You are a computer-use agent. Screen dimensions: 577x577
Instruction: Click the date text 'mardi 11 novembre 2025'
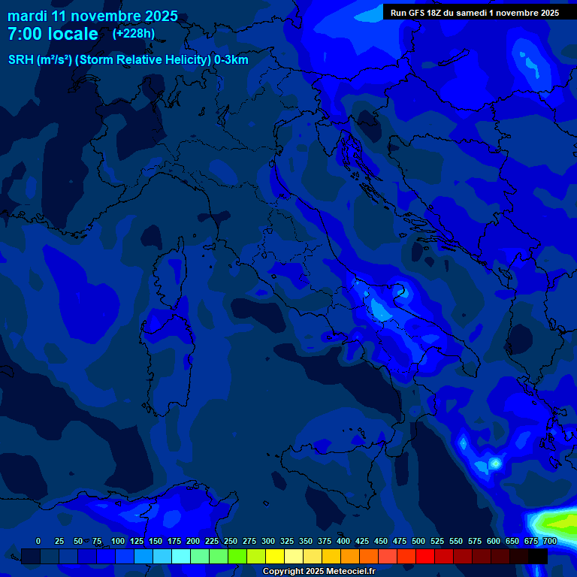92,16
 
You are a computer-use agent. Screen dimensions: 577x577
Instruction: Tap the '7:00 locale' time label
53,34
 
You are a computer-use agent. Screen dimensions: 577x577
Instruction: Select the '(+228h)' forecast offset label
133,34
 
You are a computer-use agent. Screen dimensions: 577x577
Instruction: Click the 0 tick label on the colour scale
38,541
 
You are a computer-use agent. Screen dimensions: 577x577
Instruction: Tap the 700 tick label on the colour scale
549,541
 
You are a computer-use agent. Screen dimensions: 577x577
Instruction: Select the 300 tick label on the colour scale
268,541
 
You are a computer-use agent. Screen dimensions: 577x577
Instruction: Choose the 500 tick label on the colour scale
418,541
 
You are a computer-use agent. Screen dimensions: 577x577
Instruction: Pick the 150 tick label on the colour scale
156,541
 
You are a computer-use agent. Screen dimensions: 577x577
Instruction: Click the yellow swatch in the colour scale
275,556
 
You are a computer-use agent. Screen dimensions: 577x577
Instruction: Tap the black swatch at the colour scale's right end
538,556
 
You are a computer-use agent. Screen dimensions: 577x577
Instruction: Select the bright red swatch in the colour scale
425,556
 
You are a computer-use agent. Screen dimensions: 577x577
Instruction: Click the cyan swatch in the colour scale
181,556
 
